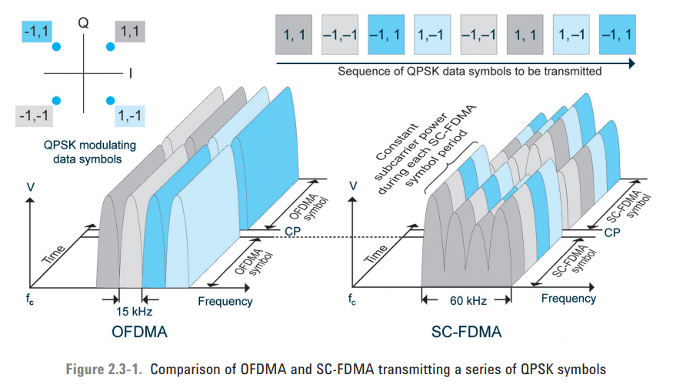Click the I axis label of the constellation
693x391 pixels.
[131, 74]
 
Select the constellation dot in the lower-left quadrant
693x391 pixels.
[56, 100]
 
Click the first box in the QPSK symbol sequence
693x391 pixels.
[293, 35]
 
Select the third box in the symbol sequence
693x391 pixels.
[385, 35]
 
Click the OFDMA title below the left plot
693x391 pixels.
[139, 333]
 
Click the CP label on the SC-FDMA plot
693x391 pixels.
[611, 231]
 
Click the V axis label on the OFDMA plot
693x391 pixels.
[29, 187]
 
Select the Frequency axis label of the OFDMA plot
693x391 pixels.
[225, 301]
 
